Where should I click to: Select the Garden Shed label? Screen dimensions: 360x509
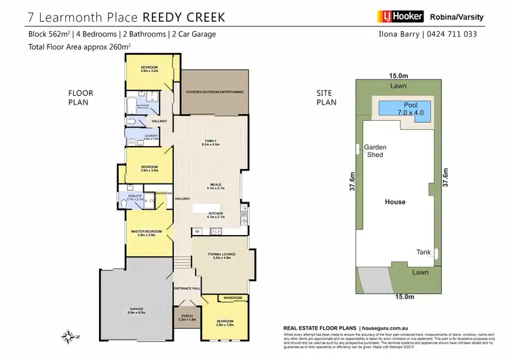(x=375, y=151)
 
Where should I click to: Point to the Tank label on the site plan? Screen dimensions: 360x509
(x=423, y=252)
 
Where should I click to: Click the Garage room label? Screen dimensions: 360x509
(x=136, y=310)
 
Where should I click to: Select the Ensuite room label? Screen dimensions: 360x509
(x=136, y=198)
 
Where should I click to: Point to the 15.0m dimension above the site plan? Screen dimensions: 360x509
(x=398, y=76)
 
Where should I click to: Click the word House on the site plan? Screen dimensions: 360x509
(x=395, y=202)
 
